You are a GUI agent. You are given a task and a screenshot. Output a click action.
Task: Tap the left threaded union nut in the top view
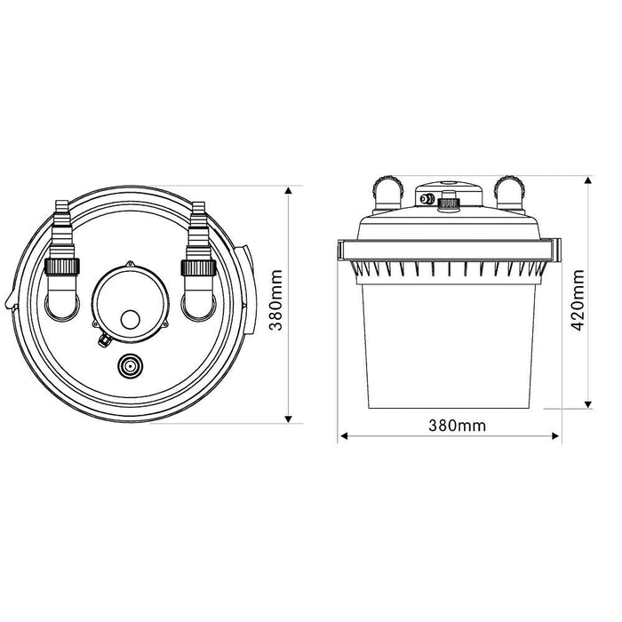pyautogui.click(x=62, y=267)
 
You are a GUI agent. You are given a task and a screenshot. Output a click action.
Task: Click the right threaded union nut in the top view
pyautogui.click(x=196, y=267)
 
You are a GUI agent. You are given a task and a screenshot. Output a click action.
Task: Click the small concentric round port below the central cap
pyautogui.click(x=130, y=365)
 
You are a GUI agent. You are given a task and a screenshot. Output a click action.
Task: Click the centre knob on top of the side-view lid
pyautogui.click(x=449, y=200)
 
